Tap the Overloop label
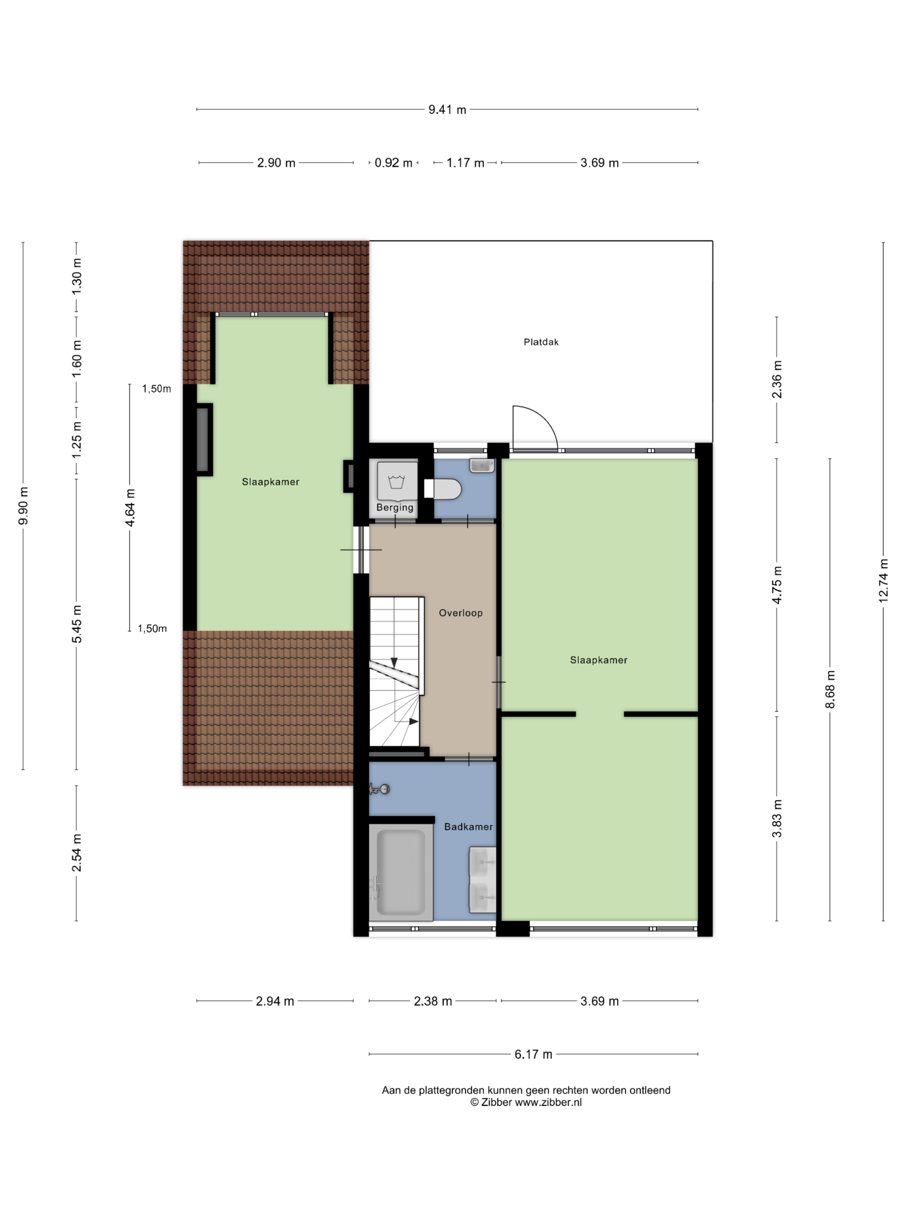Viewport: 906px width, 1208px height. point(460,613)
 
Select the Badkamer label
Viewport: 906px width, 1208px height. point(468,827)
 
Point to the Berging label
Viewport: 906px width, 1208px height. point(395,507)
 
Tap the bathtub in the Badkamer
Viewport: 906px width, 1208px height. point(401,873)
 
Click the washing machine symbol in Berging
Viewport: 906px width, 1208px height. point(396,481)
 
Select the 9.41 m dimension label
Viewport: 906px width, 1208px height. point(447,110)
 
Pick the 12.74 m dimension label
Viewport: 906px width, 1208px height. point(884,581)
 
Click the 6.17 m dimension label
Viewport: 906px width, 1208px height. point(533,1054)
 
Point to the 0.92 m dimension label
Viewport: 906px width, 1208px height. point(393,163)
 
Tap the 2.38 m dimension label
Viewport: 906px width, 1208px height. point(433,1001)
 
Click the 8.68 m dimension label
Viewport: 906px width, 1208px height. point(830,689)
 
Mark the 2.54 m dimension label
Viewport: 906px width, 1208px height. point(76,853)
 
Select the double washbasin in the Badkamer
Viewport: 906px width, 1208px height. point(482,880)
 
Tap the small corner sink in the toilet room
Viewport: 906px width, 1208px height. point(481,465)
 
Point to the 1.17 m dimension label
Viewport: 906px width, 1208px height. point(465,163)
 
